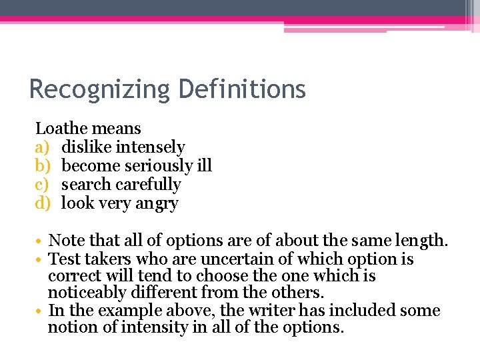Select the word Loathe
(x=59, y=128)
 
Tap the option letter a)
(x=43, y=147)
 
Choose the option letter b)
(x=43, y=165)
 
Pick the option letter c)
(x=43, y=184)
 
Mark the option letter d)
(x=43, y=203)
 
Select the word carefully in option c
(x=147, y=184)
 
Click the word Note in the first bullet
(x=65, y=240)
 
